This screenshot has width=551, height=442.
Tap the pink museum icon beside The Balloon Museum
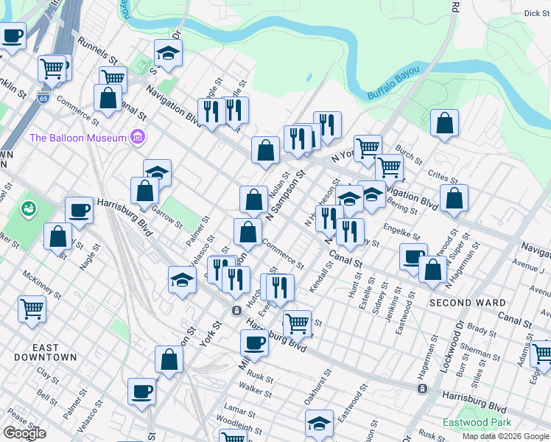(x=136, y=136)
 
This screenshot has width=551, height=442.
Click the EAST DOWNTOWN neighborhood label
(x=45, y=351)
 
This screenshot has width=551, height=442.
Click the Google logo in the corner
(x=24, y=433)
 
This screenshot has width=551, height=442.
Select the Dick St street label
(x=536, y=13)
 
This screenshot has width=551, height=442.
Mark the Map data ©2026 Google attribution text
(x=505, y=436)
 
